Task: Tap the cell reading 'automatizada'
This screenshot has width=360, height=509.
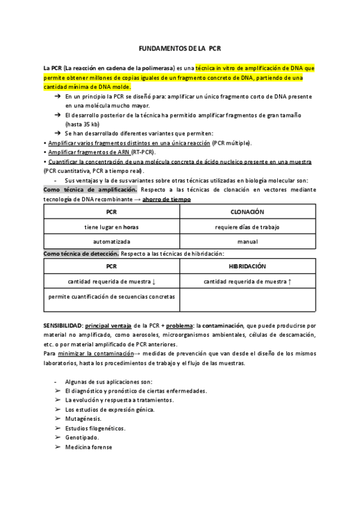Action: pos(112,242)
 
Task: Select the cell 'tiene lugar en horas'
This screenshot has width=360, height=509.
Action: pos(112,227)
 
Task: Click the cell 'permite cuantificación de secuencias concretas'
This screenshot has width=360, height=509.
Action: pos(112,297)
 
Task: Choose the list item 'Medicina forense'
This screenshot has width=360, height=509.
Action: pos(89,447)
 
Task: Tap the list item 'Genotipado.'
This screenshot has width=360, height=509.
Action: pos(82,438)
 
